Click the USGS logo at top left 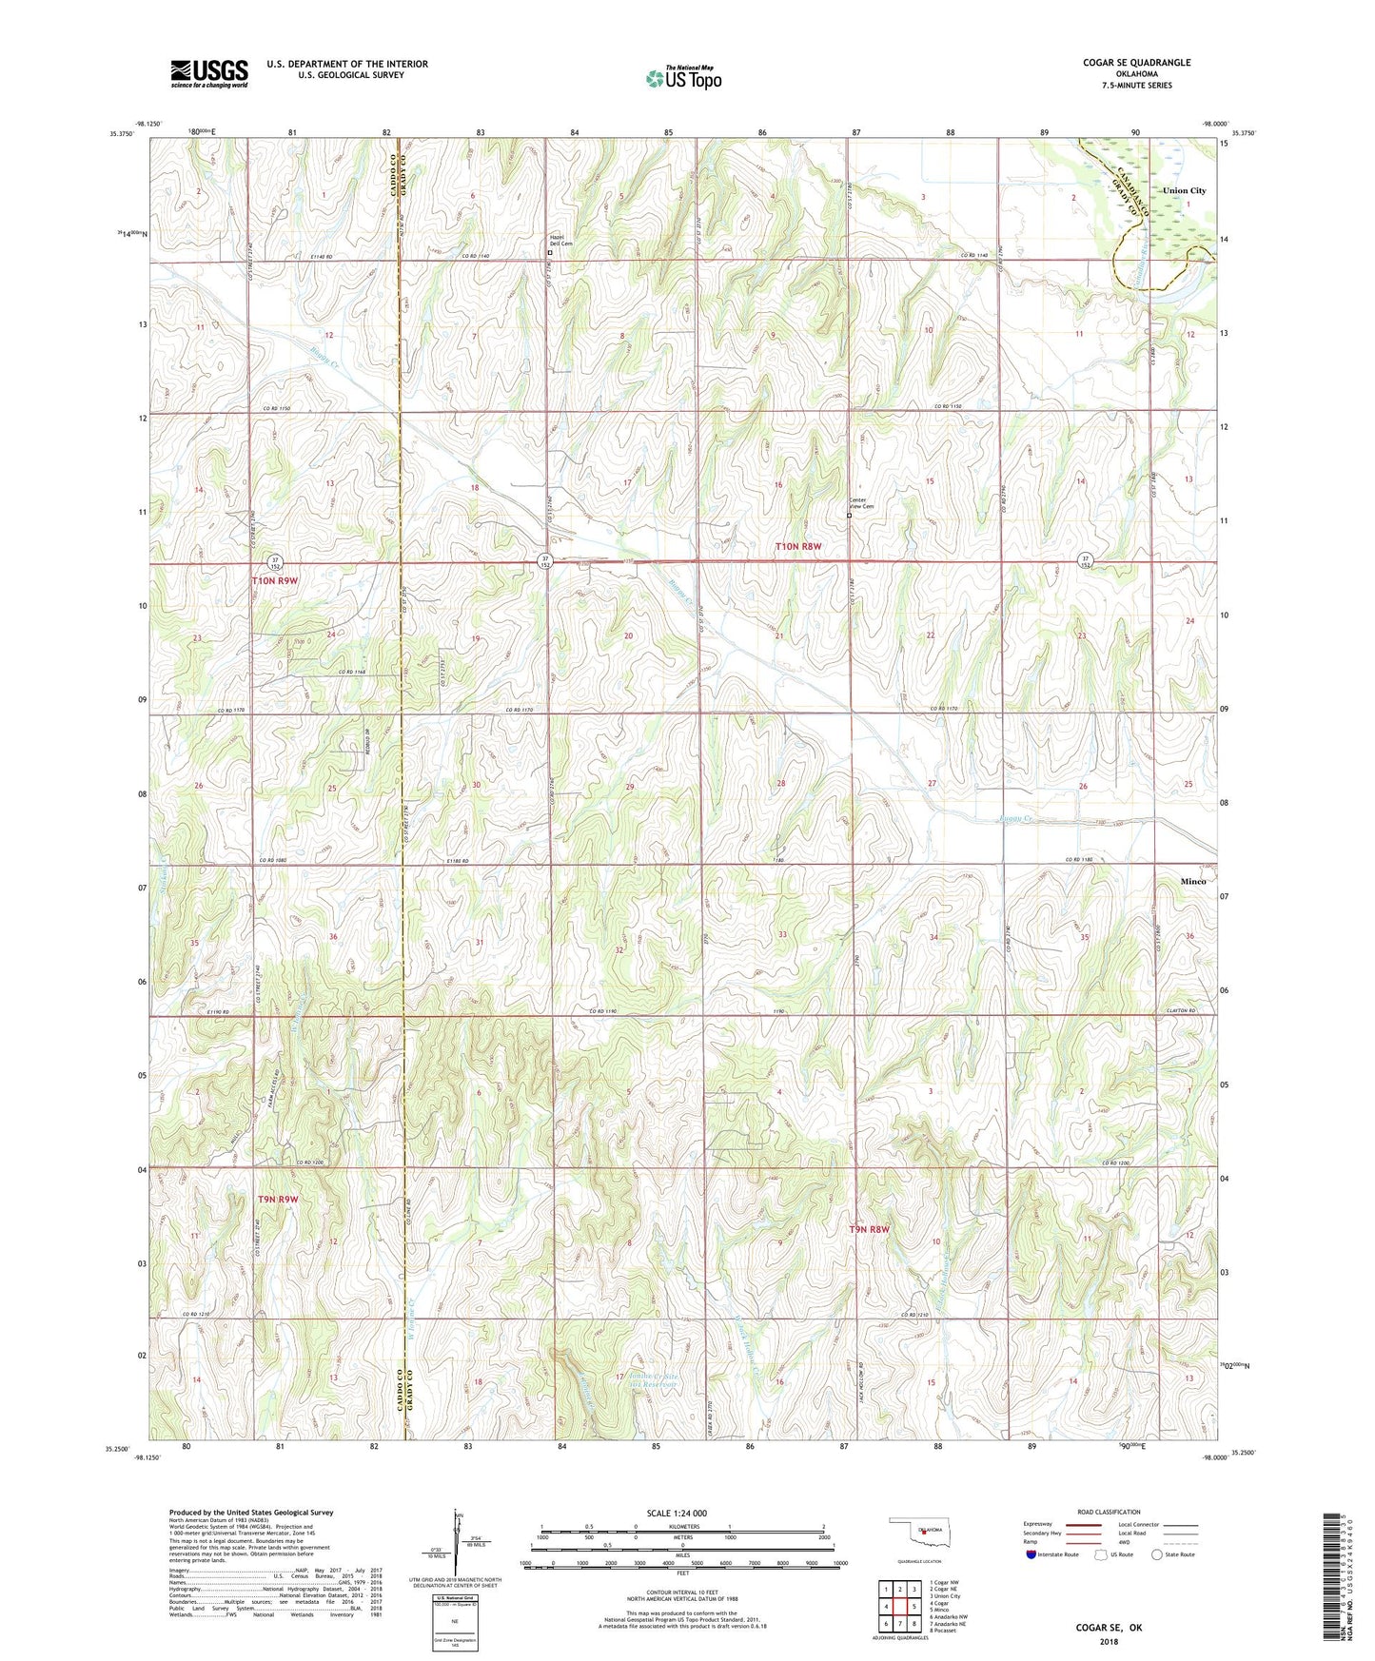tap(208, 73)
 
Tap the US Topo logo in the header tap(683, 78)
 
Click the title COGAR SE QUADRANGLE tap(1136, 63)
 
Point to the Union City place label tap(1184, 190)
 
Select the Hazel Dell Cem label tap(561, 241)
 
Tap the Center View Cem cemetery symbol tap(850, 517)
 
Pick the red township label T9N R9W tap(278, 1200)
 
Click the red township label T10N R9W tap(274, 580)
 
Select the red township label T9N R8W tap(870, 1229)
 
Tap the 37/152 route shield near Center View tap(545, 560)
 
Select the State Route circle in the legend tap(1157, 1554)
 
